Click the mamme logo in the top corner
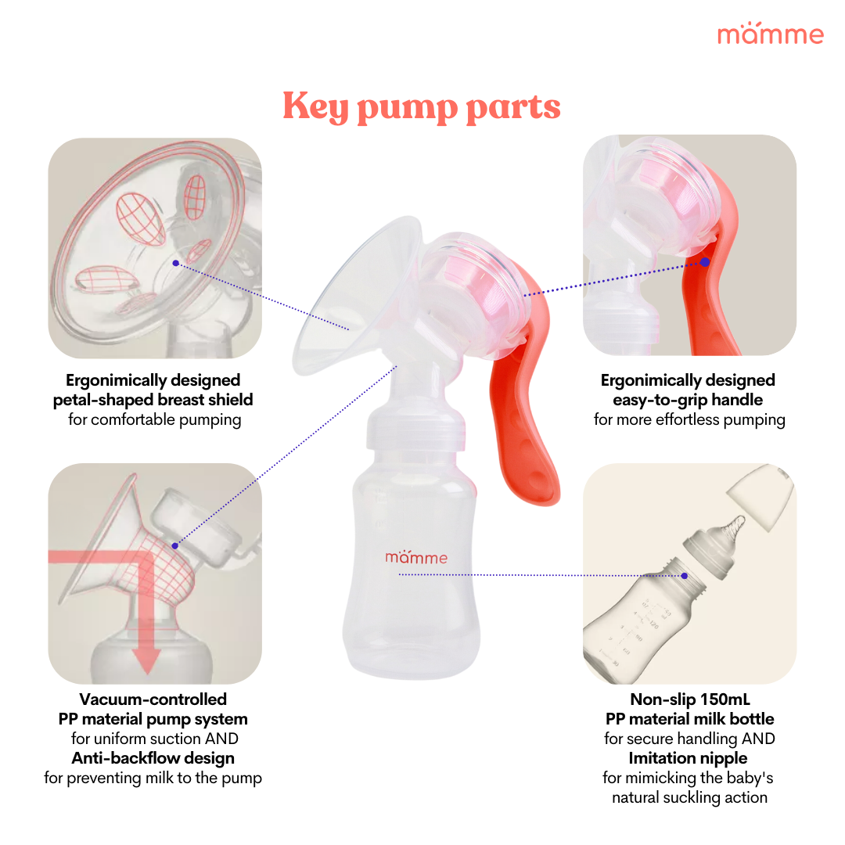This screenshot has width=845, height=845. pyautogui.click(x=770, y=34)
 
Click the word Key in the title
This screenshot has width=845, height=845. pyautogui.click(x=315, y=107)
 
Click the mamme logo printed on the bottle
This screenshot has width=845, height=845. pyautogui.click(x=416, y=557)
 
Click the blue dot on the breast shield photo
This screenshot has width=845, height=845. pyautogui.click(x=176, y=263)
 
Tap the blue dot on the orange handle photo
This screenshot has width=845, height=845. pyautogui.click(x=705, y=262)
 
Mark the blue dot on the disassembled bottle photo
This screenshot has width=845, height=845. pyautogui.click(x=685, y=575)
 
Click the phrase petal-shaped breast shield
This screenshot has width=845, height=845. pyautogui.click(x=153, y=400)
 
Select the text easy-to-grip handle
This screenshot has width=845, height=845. pyautogui.click(x=688, y=400)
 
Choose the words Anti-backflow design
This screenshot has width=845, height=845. pyautogui.click(x=153, y=757)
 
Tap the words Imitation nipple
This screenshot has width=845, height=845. pyautogui.click(x=688, y=757)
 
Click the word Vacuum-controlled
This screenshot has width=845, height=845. pyautogui.click(x=153, y=699)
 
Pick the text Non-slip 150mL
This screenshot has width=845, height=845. pyautogui.click(x=688, y=699)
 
